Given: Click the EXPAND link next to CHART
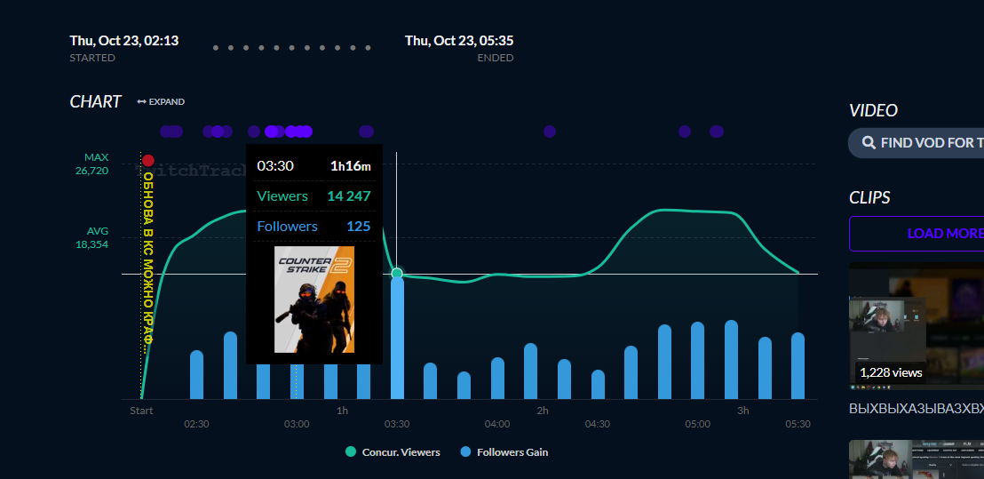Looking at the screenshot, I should pyautogui.click(x=162, y=102).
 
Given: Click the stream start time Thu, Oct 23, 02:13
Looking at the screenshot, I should pyautogui.click(x=124, y=41).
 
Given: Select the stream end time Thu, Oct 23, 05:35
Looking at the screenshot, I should pyautogui.click(x=459, y=41).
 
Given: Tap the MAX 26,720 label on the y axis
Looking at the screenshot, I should pyautogui.click(x=91, y=164).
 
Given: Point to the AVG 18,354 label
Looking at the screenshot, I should pyautogui.click(x=91, y=237).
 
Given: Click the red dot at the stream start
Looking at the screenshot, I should pyautogui.click(x=147, y=160).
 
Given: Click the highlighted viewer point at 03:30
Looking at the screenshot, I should pyautogui.click(x=397, y=273).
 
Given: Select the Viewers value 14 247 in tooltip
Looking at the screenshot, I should pyautogui.click(x=348, y=196).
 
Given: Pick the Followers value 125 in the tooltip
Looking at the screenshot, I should pyautogui.click(x=358, y=227).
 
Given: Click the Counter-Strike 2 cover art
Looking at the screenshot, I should pyautogui.click(x=313, y=299).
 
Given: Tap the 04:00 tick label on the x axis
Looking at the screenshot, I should pyautogui.click(x=497, y=424).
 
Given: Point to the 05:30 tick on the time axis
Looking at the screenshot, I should pyautogui.click(x=798, y=424).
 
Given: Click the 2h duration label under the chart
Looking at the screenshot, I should pyautogui.click(x=543, y=411).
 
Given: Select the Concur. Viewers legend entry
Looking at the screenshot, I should pyautogui.click(x=393, y=452).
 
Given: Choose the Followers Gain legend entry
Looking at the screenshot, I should pyautogui.click(x=504, y=452).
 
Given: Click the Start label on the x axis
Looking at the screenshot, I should pyautogui.click(x=141, y=411).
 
